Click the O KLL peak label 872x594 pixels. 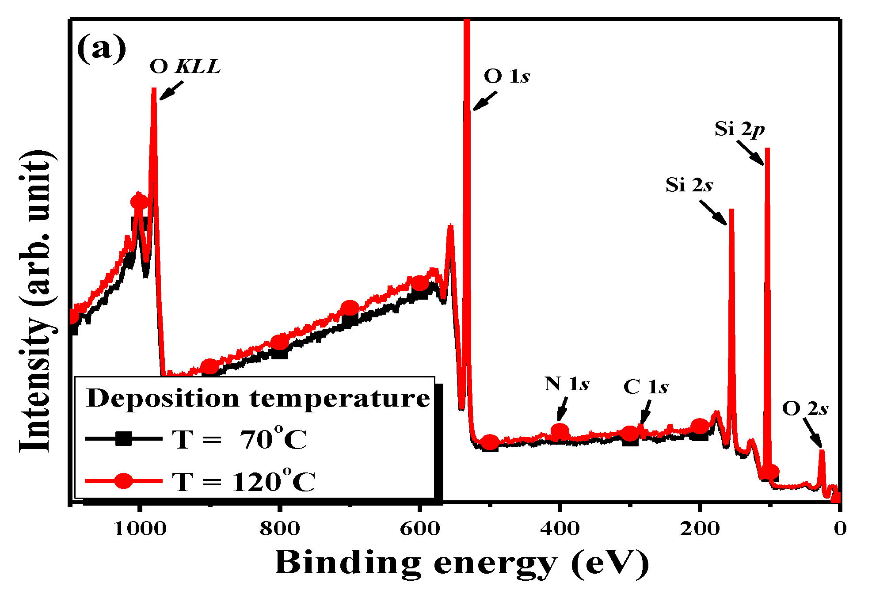coord(185,67)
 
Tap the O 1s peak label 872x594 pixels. coord(506,76)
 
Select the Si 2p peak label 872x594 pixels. coord(739,129)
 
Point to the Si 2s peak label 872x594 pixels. coord(689,185)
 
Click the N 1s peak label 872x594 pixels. coord(567,384)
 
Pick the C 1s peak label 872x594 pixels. coord(646,387)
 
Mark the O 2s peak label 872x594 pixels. coord(805,409)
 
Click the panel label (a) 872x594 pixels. coord(101,48)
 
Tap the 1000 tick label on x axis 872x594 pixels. coord(140,529)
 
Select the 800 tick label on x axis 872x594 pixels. coord(280,529)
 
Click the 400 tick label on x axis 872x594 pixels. coord(560,529)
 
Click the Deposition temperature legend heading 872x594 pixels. coord(258,398)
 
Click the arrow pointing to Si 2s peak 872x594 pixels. coord(712,213)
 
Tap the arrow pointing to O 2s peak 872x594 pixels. coord(812,433)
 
